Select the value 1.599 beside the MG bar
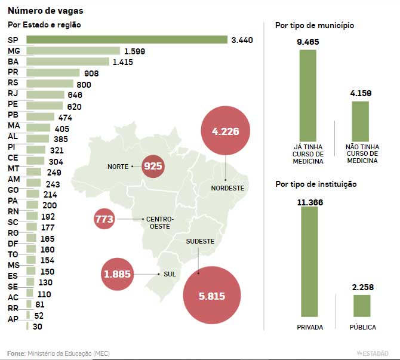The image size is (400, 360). (x=135, y=51)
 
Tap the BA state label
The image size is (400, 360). (x=13, y=61)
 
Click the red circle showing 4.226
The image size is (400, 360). (x=226, y=131)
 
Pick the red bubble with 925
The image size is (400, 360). (x=153, y=166)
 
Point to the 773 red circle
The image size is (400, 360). (x=104, y=220)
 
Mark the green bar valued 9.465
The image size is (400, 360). (x=308, y=93)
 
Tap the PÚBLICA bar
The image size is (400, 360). (x=362, y=306)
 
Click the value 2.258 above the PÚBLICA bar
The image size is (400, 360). (x=363, y=287)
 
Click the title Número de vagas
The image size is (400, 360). (x=37, y=11)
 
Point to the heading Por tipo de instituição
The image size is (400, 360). (x=316, y=184)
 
